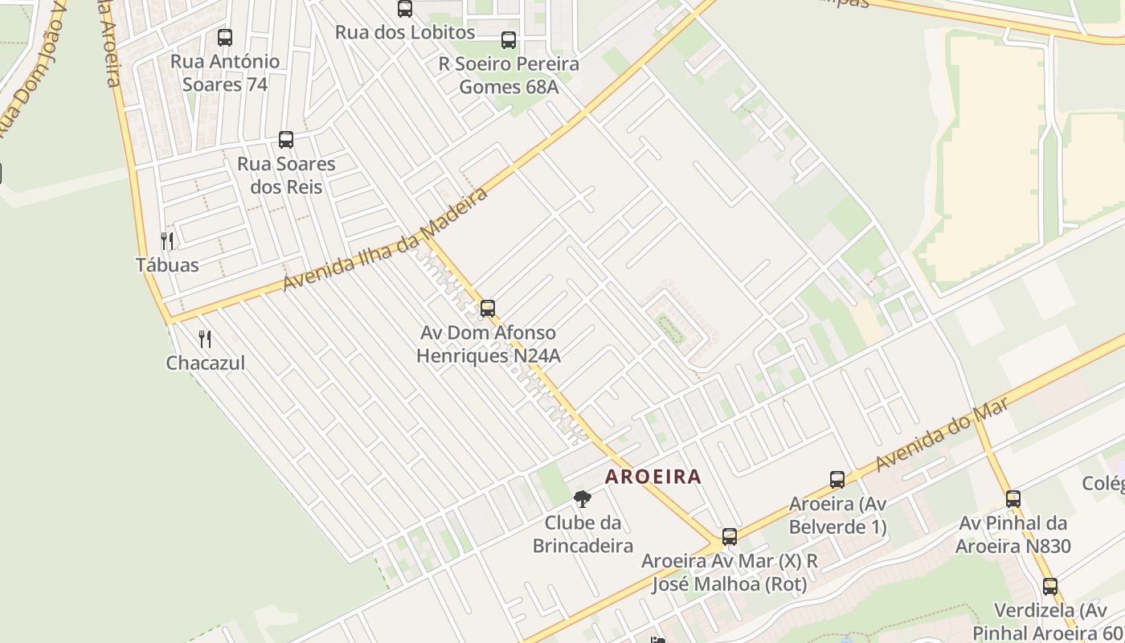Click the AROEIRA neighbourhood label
(652, 477)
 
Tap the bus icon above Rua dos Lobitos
(405, 9)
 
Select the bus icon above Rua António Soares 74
(225, 37)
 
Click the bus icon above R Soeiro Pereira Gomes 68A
(509, 40)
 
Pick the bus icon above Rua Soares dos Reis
(286, 140)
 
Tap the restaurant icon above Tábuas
(167, 240)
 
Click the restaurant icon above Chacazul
(205, 339)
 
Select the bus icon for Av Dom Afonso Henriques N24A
(488, 309)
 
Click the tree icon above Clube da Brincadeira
(583, 499)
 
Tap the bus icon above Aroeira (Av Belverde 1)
(837, 480)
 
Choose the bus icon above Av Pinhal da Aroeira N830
(1013, 499)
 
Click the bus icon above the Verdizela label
(1050, 587)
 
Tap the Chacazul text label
(205, 363)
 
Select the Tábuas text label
(167, 264)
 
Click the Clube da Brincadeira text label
(583, 534)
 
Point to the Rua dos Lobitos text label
(405, 33)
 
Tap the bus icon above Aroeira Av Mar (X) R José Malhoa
(730, 537)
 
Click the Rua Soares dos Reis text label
(286, 175)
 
